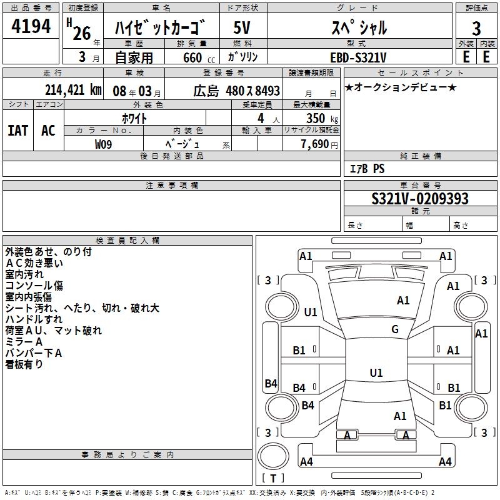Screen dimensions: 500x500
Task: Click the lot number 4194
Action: coord(31,26)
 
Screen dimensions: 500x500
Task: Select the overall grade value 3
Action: coord(476,27)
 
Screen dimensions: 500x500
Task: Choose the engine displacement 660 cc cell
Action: coord(191,57)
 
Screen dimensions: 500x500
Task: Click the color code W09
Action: coord(104,144)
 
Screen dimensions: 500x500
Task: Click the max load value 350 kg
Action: coord(322,118)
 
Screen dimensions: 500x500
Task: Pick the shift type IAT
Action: coord(17,130)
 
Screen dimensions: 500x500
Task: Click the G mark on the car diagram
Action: coord(395,329)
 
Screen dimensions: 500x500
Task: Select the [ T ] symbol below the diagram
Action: coord(273,479)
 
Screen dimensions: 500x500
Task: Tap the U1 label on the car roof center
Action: coord(376,372)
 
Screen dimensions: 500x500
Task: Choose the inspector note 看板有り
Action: coord(24,364)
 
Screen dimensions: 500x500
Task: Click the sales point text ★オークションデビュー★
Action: coord(400,87)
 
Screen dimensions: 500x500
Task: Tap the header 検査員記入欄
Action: coord(127,240)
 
